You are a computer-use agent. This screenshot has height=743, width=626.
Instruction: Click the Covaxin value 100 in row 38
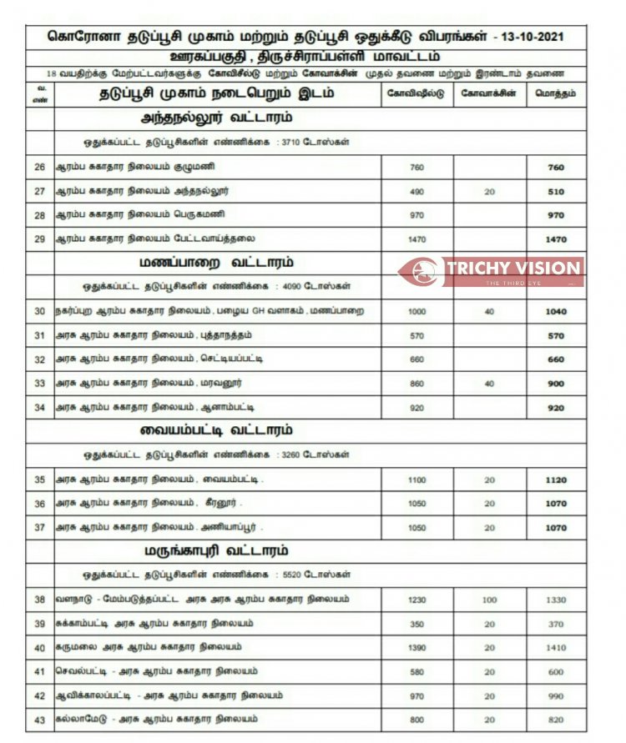[489, 600]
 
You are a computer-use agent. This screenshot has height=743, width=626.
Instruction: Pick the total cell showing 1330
[556, 600]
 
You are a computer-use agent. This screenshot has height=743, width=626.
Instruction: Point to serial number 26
[40, 167]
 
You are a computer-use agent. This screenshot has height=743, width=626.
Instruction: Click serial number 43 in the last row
[40, 719]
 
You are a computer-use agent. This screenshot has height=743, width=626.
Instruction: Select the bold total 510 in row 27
[556, 191]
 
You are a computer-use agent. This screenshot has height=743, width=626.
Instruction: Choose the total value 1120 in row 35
[556, 479]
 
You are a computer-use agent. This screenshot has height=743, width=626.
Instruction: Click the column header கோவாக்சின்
[489, 93]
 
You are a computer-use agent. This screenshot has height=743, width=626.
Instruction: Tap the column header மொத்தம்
[556, 93]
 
